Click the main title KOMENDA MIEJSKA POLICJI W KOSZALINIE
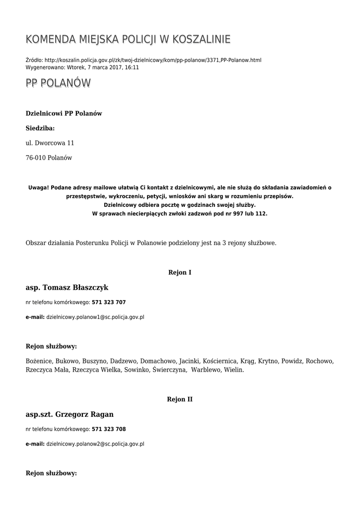click(x=128, y=39)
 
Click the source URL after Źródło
click(x=153, y=60)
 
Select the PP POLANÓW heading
click(x=58, y=83)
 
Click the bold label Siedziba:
click(x=40, y=128)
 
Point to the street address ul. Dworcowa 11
click(x=50, y=143)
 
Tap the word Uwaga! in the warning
click(x=38, y=188)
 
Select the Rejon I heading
click(x=180, y=272)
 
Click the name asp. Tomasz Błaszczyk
click(x=67, y=288)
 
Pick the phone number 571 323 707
click(x=109, y=302)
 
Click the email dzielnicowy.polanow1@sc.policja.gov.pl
click(x=95, y=317)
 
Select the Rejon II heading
click(x=180, y=399)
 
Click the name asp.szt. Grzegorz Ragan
click(x=70, y=414)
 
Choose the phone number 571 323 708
click(x=109, y=429)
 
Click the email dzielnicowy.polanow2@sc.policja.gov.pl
click(x=95, y=444)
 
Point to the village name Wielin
click(x=233, y=370)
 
